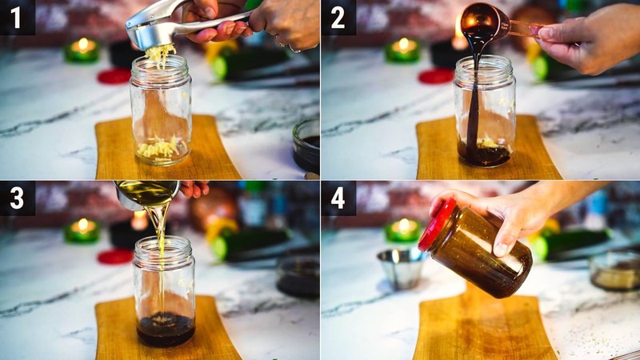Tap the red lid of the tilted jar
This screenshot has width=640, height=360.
(437, 225)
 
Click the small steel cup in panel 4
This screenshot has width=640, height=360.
(402, 267)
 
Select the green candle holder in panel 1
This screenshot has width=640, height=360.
(82, 50)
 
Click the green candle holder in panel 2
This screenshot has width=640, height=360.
(402, 50)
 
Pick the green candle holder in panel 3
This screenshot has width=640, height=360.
(82, 231)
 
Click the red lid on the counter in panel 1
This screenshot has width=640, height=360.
(114, 76)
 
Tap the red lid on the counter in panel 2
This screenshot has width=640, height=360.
(436, 76)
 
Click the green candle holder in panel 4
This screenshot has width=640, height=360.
(402, 231)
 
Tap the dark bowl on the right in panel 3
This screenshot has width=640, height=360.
(298, 277)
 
